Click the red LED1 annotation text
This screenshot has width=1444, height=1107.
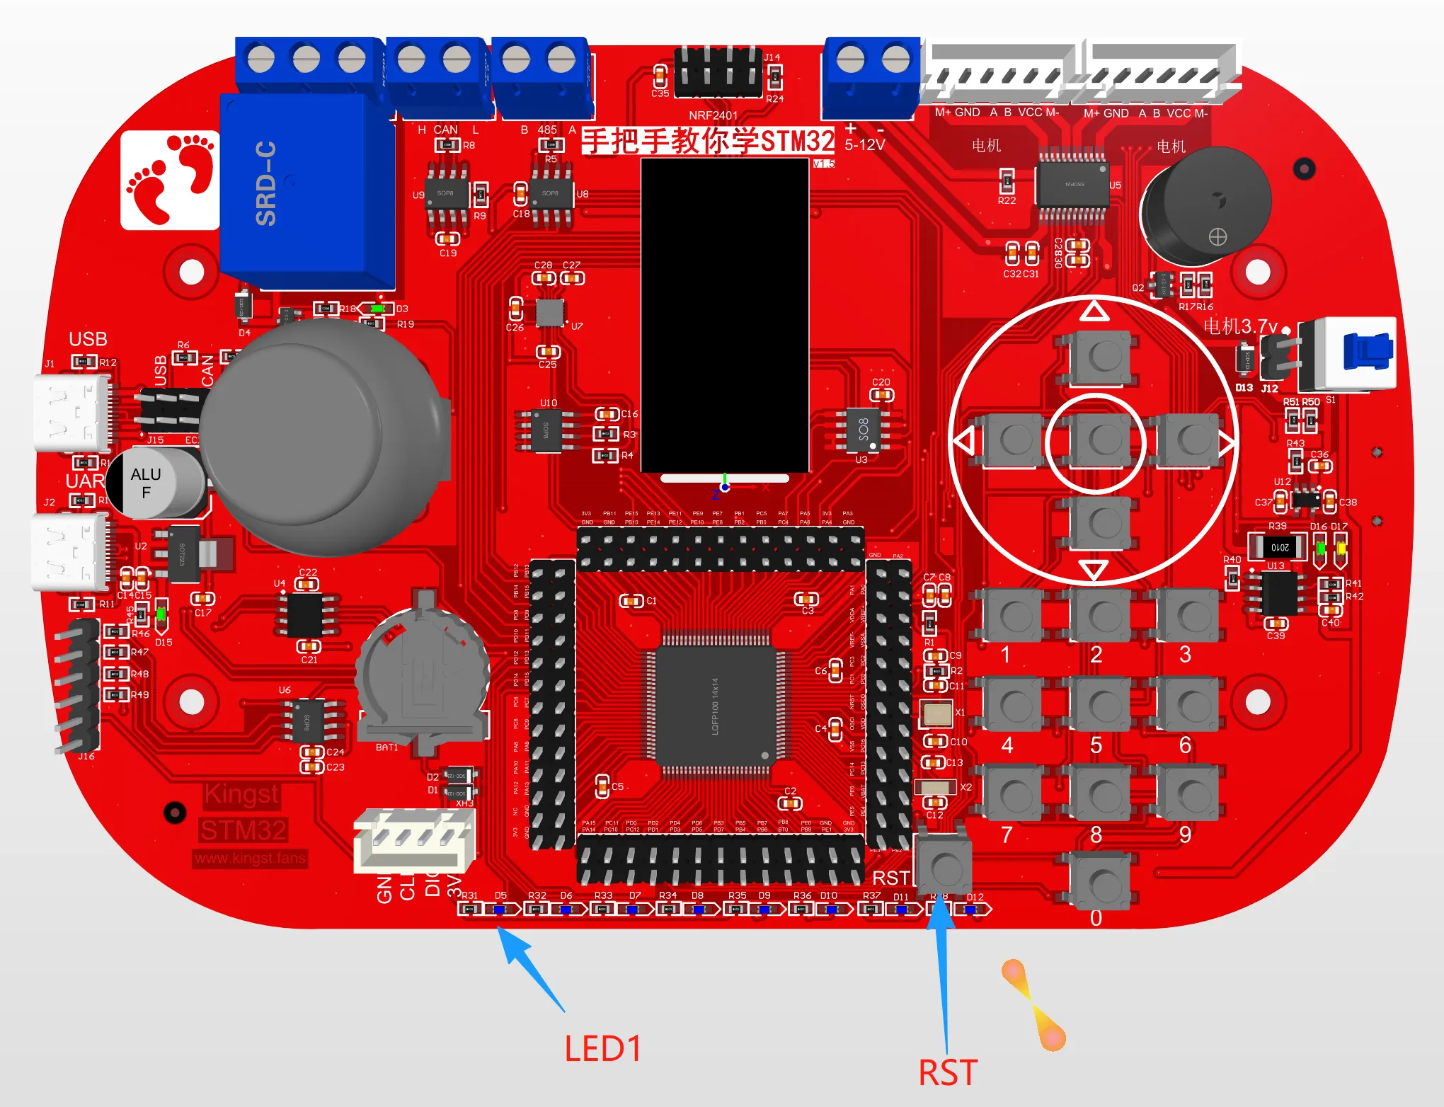(x=602, y=1049)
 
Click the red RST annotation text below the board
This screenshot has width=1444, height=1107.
(x=948, y=1073)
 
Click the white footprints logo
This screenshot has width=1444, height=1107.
(x=170, y=180)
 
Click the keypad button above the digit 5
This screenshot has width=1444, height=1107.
(x=1100, y=704)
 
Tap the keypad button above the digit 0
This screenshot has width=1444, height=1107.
(x=1100, y=882)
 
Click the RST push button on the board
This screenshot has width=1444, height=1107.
(x=944, y=865)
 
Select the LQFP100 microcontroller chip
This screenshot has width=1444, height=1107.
(x=715, y=706)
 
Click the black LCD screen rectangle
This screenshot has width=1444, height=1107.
(x=725, y=314)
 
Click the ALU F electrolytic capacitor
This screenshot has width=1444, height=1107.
(x=156, y=483)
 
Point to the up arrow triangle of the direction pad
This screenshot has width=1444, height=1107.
(x=1094, y=311)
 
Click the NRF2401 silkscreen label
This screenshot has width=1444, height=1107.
(x=713, y=115)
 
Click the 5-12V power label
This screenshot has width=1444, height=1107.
(x=864, y=145)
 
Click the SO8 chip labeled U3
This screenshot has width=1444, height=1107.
(x=864, y=429)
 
